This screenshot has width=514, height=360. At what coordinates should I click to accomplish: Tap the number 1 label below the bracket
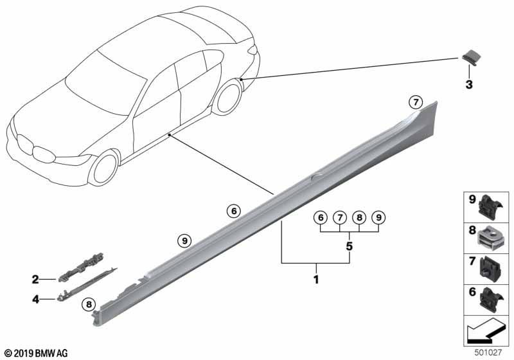tap(315, 280)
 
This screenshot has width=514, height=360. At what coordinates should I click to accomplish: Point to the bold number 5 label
tap(349, 246)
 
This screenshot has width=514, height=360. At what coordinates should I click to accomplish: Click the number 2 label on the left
tap(35, 279)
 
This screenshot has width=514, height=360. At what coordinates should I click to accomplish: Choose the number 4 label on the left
tap(35, 298)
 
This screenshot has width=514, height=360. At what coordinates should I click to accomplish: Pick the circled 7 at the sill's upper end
tap(416, 102)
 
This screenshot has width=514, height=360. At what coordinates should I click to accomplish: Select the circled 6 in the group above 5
tap(320, 218)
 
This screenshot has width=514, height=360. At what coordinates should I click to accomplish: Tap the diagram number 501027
tap(490, 353)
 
